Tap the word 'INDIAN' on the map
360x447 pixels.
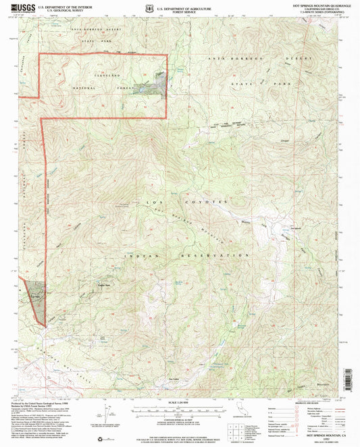click(137, 257)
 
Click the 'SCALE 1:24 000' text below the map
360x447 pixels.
click(180, 404)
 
